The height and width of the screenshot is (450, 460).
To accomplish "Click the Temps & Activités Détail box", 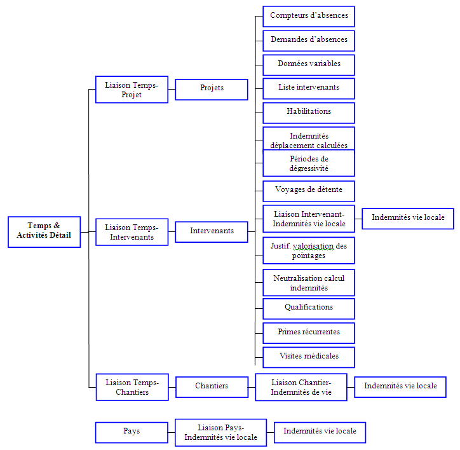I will [x=44, y=231].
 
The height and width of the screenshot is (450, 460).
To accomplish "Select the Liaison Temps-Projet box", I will [x=132, y=90].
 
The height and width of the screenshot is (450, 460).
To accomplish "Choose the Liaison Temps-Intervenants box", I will [x=132, y=232].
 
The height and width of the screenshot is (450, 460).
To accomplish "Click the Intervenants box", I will [x=212, y=231].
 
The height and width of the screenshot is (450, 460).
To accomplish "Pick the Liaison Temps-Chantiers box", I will [x=132, y=387].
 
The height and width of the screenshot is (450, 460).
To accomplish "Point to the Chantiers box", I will [x=212, y=386].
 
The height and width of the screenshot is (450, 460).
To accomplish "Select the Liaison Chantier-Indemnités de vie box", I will [x=301, y=387].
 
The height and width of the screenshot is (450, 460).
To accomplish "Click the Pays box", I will [x=132, y=432].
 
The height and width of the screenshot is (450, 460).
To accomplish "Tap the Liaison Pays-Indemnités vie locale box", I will [x=220, y=432].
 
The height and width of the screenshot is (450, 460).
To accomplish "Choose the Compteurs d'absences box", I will [x=309, y=16].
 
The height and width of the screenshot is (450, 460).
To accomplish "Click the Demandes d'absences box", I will [x=309, y=40].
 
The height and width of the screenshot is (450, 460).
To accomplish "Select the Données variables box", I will [x=309, y=64].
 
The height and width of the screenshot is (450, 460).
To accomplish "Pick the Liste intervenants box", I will [x=309, y=88].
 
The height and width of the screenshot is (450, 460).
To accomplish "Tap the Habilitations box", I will [x=309, y=112].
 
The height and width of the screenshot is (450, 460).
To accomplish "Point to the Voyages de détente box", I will [x=309, y=190].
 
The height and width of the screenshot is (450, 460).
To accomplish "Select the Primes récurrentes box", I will [x=309, y=332].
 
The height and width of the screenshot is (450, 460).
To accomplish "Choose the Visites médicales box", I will [x=309, y=357].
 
